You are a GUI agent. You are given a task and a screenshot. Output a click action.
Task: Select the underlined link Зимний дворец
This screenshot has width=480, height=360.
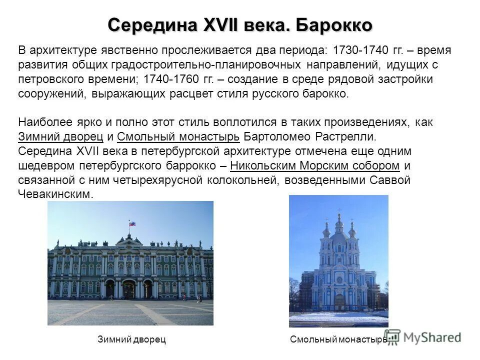point(60,136)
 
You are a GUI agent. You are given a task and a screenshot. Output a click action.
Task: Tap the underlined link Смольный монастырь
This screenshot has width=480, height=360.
point(179,136)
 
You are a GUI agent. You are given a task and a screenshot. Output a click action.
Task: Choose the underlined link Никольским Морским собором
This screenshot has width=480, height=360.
point(316,165)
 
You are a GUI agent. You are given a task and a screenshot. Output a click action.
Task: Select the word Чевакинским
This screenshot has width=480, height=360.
point(54,194)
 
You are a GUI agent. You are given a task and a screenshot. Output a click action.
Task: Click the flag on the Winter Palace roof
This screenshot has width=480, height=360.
point(132,223)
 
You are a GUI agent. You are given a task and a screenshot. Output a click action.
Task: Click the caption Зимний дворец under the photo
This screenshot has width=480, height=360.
point(131,340)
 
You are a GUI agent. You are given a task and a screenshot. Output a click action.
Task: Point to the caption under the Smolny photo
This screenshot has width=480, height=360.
point(338,340)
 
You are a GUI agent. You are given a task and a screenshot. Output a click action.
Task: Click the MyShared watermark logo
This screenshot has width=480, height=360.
point(423,337)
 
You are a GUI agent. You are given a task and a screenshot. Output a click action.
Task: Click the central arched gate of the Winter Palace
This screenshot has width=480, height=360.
point(129,289)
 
